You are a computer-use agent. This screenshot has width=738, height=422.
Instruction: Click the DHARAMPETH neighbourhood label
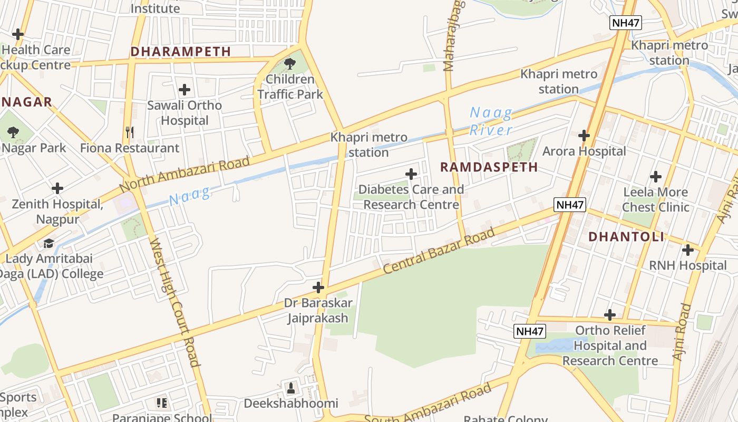pos(180,51)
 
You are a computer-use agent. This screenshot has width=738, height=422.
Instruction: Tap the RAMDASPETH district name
pos(489,167)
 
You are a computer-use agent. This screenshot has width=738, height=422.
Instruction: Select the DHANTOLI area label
pos(626,237)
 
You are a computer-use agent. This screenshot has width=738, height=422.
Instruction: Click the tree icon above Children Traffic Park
pos(289,64)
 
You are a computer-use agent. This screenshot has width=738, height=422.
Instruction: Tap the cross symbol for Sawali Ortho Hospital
pos(184,90)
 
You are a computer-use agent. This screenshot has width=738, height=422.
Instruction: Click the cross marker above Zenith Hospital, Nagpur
pos(57,188)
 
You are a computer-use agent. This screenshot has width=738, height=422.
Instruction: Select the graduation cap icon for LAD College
pos(48,243)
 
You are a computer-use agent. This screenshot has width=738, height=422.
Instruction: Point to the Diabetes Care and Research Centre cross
pos(411,174)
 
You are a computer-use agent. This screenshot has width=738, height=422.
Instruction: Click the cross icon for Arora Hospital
pos(584,136)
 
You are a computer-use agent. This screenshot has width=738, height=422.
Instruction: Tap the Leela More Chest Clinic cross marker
pos(655,177)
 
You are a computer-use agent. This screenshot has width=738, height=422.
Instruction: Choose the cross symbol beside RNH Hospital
pos(687,250)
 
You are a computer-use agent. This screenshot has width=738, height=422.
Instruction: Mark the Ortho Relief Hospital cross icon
pos(609,315)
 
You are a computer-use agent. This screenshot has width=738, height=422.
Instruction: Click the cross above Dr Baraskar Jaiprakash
pos(318,287)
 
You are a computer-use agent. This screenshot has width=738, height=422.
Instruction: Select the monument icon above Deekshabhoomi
pos(290,388)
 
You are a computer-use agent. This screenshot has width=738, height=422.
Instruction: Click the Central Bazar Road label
pos(439,251)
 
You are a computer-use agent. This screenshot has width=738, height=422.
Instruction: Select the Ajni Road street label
pos(682,332)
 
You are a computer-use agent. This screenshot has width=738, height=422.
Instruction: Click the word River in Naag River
pos(491,130)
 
